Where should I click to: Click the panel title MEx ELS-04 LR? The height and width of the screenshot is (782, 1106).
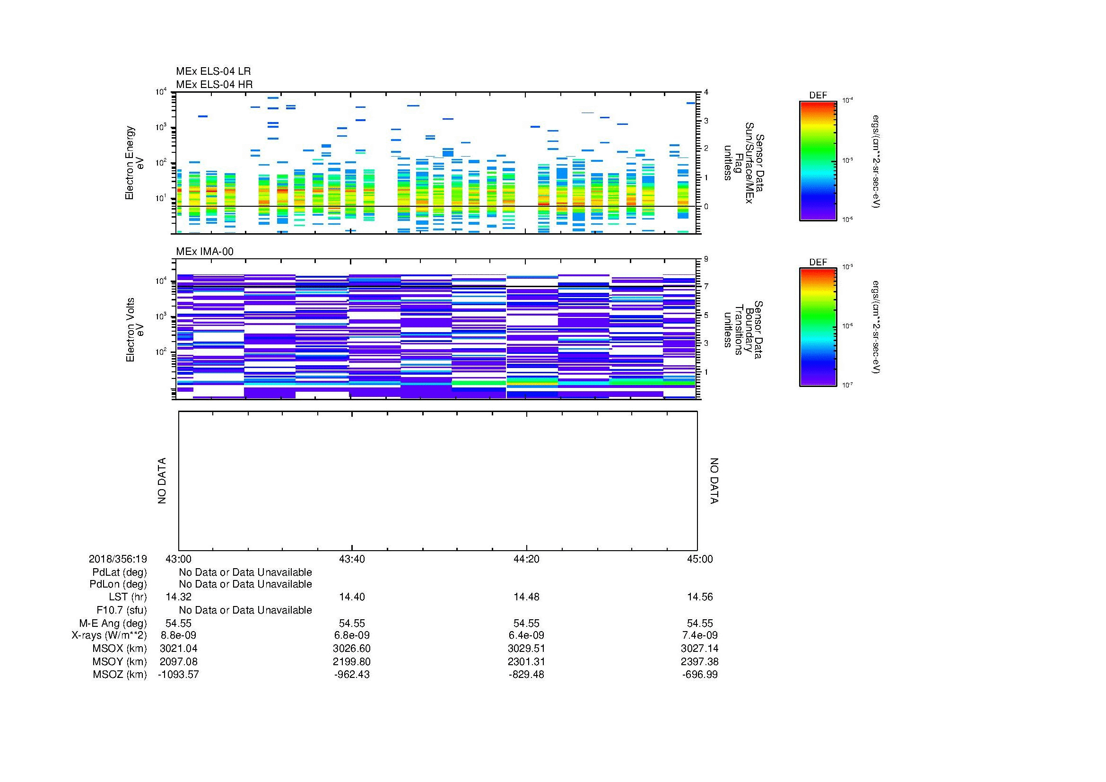pyautogui.click(x=213, y=71)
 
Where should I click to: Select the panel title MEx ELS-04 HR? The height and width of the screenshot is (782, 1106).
pyautogui.click(x=214, y=84)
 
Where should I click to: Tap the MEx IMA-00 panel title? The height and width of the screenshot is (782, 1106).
pyautogui.click(x=204, y=252)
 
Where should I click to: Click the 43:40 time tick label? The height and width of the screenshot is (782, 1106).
pyautogui.click(x=352, y=559)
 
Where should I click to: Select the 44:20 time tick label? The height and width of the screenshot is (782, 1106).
pyautogui.click(x=526, y=559)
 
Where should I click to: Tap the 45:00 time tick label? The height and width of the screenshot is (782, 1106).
pyautogui.click(x=700, y=559)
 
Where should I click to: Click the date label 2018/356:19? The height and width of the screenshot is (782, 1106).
pyautogui.click(x=118, y=559)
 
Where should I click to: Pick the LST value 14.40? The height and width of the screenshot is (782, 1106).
pyautogui.click(x=352, y=597)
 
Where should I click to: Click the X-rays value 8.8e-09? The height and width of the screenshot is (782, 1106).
pyautogui.click(x=178, y=635)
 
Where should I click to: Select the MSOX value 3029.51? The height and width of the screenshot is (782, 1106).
pyautogui.click(x=526, y=649)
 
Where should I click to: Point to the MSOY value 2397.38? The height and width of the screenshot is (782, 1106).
pyautogui.click(x=700, y=661)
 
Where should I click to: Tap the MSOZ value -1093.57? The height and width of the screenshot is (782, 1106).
pyautogui.click(x=178, y=675)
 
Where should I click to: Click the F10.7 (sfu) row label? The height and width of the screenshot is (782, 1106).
pyautogui.click(x=122, y=610)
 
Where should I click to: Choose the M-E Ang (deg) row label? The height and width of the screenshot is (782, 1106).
pyautogui.click(x=113, y=623)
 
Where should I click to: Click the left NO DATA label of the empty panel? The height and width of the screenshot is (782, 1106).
pyautogui.click(x=162, y=481)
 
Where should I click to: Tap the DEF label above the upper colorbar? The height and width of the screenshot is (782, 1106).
pyautogui.click(x=818, y=96)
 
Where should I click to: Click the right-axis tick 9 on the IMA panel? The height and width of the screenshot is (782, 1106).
pyautogui.click(x=706, y=259)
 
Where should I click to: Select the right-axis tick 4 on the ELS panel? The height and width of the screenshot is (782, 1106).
pyautogui.click(x=706, y=92)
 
